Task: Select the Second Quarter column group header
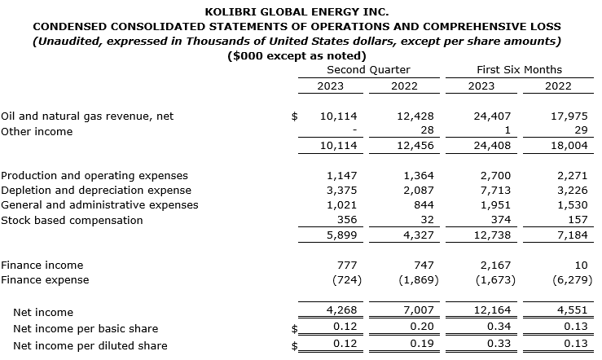coord(368,70)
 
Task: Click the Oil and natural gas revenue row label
coord(87,116)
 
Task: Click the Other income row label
coord(37,131)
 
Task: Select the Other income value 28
coord(427,131)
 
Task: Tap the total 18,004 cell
coord(569,146)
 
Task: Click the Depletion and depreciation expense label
coord(96,191)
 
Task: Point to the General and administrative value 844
coord(424,205)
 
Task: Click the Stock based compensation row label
coord(72,220)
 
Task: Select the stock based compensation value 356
coord(347,220)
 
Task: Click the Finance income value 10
coord(580,265)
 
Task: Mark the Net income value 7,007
coord(420,312)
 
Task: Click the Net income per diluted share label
coord(90,345)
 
